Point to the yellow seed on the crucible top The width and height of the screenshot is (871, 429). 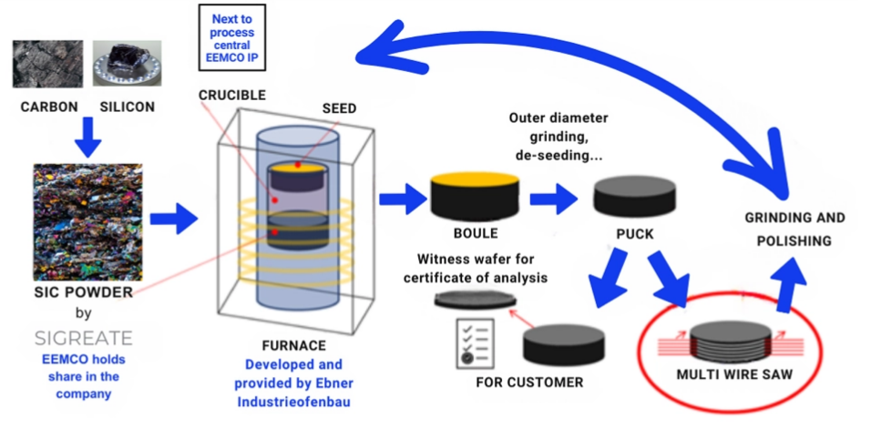pyautogui.click(x=297, y=167)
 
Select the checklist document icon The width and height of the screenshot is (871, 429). pyautogui.click(x=475, y=342)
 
